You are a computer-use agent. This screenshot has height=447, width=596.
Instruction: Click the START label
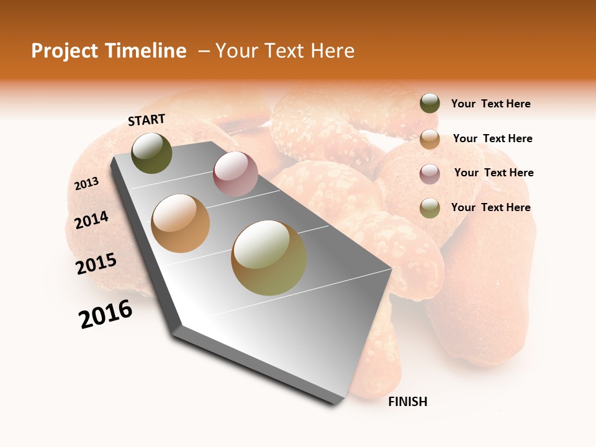click(147, 120)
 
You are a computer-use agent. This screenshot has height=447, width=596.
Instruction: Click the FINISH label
click(408, 402)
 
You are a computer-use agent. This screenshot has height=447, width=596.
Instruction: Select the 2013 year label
click(86, 184)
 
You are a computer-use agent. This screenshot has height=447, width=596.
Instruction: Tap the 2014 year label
click(91, 220)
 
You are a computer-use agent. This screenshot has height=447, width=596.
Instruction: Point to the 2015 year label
click(96, 264)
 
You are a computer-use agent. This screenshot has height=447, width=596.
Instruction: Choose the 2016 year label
click(106, 314)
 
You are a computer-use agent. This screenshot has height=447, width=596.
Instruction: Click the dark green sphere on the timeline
click(152, 153)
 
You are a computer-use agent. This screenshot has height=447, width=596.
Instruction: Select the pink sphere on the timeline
click(235, 174)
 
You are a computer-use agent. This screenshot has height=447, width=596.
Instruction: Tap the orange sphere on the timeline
click(181, 223)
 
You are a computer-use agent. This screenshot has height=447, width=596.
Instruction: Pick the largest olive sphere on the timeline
click(269, 258)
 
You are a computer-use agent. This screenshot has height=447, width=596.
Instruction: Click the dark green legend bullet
click(430, 104)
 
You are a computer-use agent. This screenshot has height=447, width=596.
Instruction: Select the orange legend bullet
click(430, 138)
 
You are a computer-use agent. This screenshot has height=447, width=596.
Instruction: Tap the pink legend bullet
click(430, 173)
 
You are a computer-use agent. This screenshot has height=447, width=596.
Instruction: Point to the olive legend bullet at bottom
click(430, 207)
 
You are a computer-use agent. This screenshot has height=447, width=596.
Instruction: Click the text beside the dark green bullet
click(490, 104)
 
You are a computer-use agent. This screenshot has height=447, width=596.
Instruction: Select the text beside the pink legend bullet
click(494, 173)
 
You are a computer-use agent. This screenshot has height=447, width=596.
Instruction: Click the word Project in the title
click(64, 51)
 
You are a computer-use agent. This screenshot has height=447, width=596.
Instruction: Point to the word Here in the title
click(332, 51)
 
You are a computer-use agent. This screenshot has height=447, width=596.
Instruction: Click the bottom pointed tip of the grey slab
click(334, 404)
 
